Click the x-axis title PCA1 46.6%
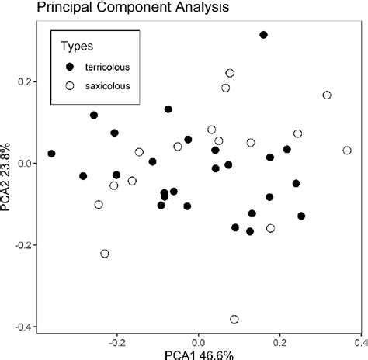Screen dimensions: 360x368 [199, 355]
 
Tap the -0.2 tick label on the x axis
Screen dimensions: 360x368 [116, 340]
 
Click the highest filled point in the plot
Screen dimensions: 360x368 [263, 35]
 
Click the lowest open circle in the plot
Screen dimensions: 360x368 [234, 319]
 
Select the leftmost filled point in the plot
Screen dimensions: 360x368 [51, 154]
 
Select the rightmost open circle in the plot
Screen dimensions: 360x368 [347, 151]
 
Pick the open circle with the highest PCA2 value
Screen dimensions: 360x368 [230, 73]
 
